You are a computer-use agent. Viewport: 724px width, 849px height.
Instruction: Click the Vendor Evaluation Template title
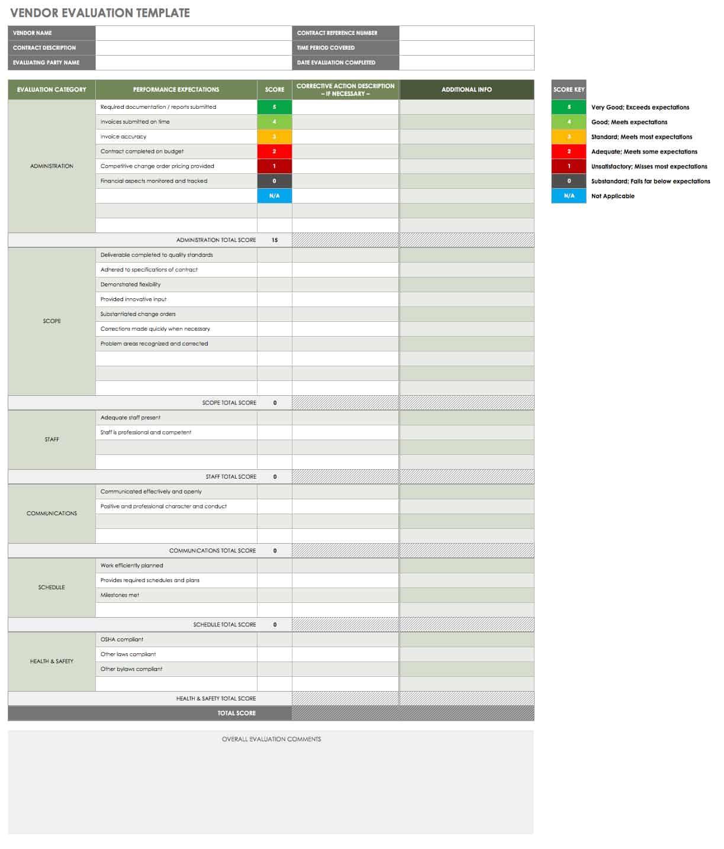[100, 12]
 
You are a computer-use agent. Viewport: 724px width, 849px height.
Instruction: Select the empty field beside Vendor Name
[193, 33]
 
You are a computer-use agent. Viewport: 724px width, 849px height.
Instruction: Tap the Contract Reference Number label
[337, 33]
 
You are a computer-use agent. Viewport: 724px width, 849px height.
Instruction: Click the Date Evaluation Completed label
[336, 63]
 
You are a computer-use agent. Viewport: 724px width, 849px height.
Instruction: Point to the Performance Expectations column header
[176, 90]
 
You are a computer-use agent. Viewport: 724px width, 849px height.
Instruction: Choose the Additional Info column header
[466, 90]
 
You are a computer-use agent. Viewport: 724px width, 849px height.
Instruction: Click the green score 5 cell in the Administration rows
[274, 107]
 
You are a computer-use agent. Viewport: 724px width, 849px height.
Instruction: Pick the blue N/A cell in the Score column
[274, 196]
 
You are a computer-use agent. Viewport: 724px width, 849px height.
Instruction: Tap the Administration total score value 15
[275, 240]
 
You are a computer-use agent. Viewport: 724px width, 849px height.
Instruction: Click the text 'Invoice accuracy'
[123, 137]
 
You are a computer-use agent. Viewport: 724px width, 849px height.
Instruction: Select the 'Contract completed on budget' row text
[142, 151]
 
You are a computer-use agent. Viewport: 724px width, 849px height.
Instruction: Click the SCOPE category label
[52, 321]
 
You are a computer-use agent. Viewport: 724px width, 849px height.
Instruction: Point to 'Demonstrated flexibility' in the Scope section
[130, 285]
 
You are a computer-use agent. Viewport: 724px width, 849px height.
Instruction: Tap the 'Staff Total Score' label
[231, 477]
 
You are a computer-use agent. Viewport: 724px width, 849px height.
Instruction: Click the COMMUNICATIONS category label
[52, 514]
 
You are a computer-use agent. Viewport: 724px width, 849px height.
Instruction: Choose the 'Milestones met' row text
[120, 595]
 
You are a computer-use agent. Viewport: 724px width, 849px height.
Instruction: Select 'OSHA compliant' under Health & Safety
[122, 640]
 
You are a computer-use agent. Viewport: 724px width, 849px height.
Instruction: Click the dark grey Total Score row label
[236, 714]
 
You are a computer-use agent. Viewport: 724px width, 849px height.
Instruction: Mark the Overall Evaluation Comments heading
[271, 740]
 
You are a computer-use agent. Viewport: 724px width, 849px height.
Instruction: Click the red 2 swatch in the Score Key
[569, 151]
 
